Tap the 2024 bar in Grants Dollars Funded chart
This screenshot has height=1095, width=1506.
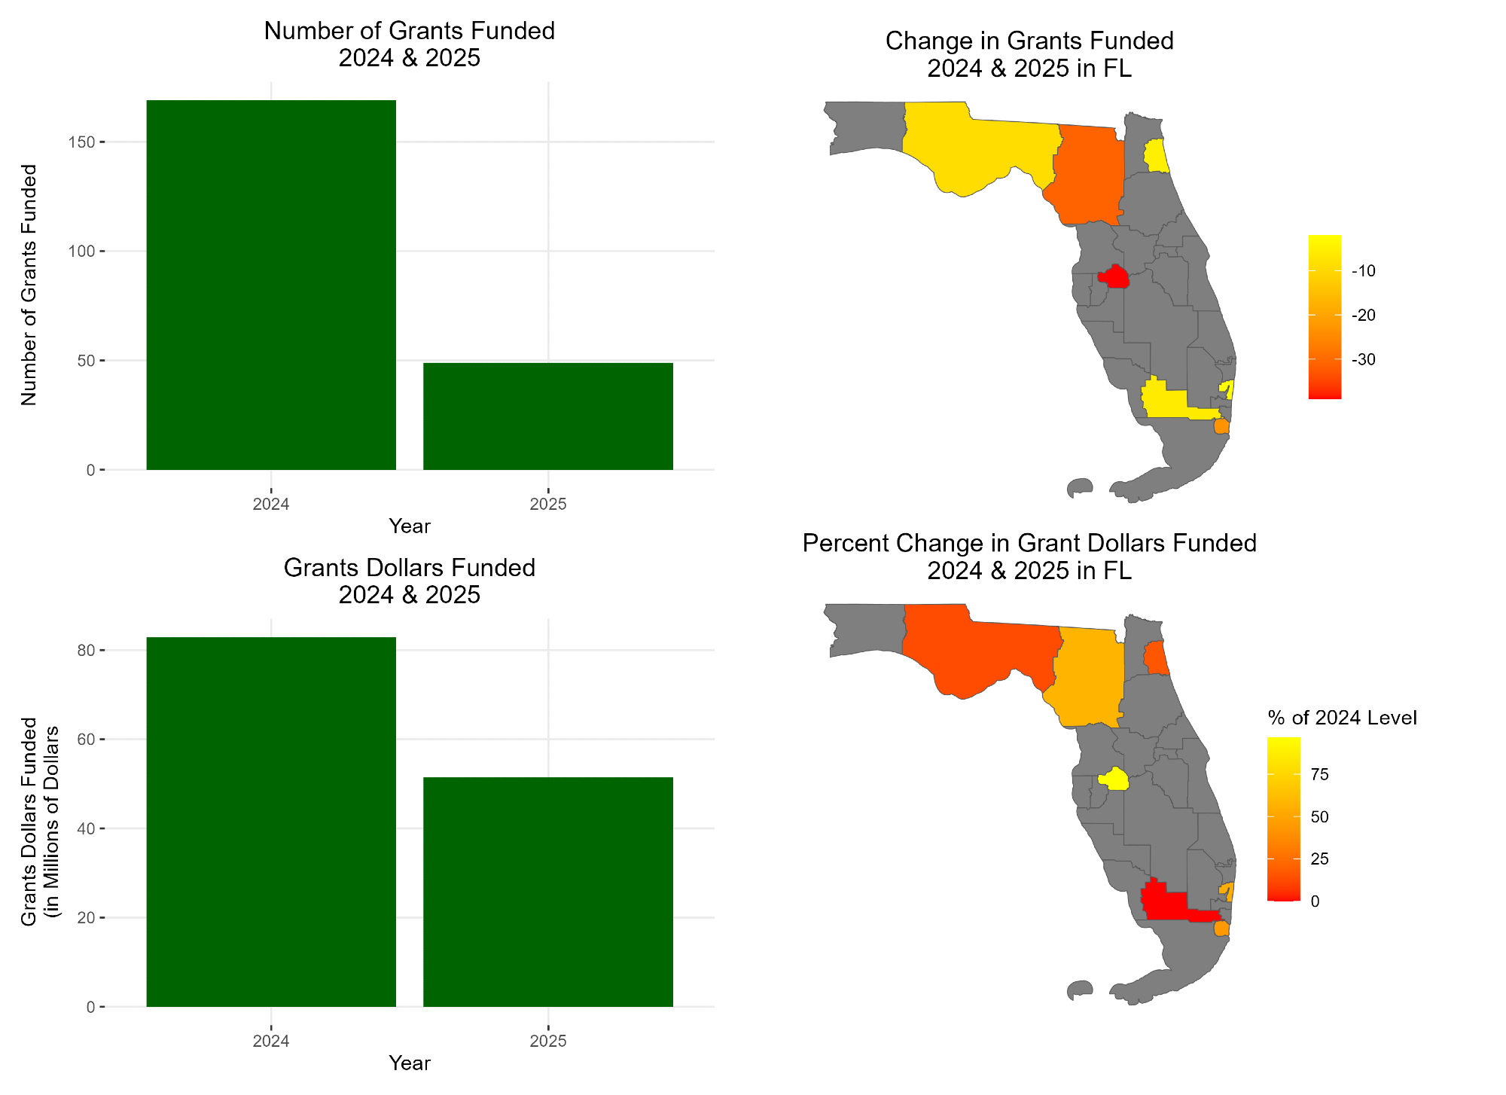(271, 822)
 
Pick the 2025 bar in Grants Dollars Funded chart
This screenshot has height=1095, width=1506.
(547, 892)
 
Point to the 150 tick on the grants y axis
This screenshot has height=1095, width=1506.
(85, 142)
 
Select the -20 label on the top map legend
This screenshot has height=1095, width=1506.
(1363, 316)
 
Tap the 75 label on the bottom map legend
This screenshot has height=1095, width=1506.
(1319, 775)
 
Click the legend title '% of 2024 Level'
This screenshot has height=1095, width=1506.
(1342, 718)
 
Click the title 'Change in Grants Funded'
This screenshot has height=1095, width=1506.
(1029, 41)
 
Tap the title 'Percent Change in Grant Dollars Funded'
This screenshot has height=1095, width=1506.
(1029, 543)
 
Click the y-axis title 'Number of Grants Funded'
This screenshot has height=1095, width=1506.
(29, 285)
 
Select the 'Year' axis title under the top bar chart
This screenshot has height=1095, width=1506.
(410, 526)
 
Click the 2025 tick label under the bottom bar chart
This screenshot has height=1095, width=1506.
(547, 1042)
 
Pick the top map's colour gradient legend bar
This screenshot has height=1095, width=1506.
(1325, 316)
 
